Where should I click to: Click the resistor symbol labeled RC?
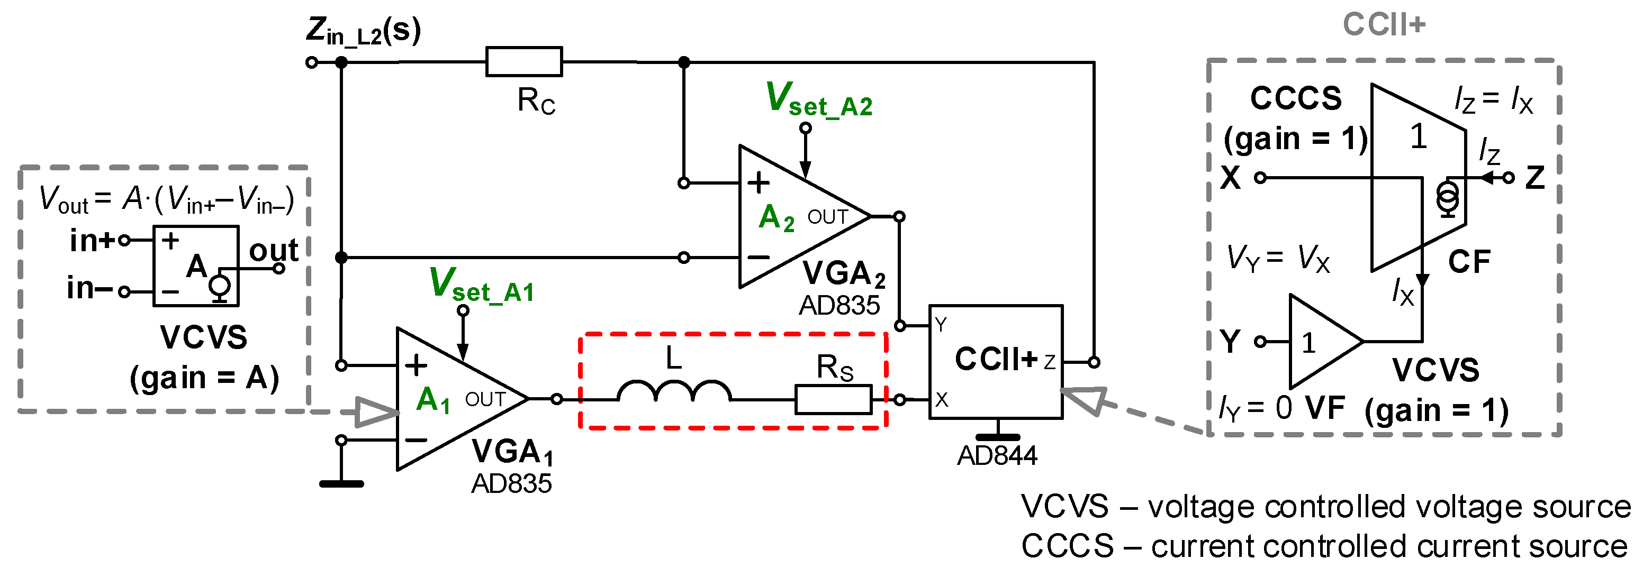(x=523, y=62)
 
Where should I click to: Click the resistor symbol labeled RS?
(x=833, y=400)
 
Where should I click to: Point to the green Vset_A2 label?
(x=819, y=100)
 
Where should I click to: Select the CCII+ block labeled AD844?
(x=996, y=362)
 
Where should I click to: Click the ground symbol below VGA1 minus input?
(x=341, y=483)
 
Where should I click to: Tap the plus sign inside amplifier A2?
(x=759, y=183)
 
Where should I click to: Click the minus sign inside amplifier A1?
(x=416, y=440)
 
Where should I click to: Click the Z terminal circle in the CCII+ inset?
(x=1509, y=178)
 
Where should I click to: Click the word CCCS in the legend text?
(x=1067, y=546)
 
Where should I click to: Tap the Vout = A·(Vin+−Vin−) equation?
(x=166, y=199)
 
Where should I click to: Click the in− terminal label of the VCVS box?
(x=89, y=288)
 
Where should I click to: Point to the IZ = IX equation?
(x=1493, y=100)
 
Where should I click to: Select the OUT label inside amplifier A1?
(x=485, y=399)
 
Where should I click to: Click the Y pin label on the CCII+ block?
(x=941, y=325)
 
